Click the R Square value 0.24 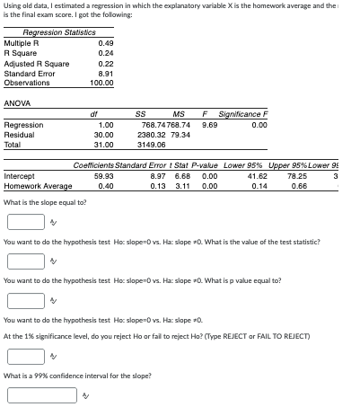click(105, 53)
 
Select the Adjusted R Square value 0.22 click(105, 63)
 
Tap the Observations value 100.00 click(101, 83)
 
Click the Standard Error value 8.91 click(105, 73)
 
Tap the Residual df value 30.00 click(104, 133)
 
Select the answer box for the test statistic click(24, 261)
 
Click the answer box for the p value click(24, 298)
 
